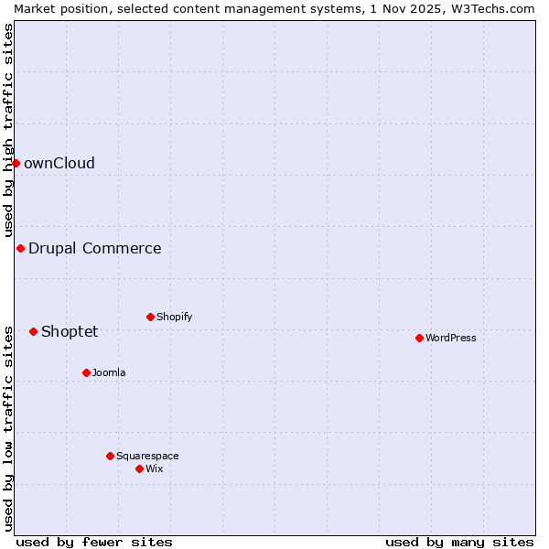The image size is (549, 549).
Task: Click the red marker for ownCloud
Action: point(16,163)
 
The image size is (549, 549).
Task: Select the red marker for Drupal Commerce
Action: point(20,248)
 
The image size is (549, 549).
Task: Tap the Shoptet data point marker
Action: point(33,331)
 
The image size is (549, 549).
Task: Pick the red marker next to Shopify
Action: point(150,317)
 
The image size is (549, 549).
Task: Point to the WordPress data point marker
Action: point(419,338)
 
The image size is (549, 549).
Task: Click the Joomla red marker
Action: point(86,372)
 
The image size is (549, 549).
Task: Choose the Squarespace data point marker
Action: point(110,456)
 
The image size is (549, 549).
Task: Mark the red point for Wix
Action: point(139,468)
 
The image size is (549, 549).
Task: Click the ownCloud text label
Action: point(59,164)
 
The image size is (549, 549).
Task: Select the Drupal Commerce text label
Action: point(94,248)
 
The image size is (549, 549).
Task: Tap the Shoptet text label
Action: point(70,331)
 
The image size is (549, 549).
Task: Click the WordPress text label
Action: point(451,338)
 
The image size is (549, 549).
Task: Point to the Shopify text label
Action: point(174,317)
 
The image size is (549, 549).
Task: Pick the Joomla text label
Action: point(109,372)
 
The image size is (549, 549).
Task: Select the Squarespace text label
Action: point(147,456)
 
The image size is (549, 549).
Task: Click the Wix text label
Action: point(154,468)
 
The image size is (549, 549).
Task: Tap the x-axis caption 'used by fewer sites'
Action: point(94,542)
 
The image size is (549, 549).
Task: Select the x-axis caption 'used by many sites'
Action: point(459,542)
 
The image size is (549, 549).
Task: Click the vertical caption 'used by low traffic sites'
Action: point(8,427)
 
